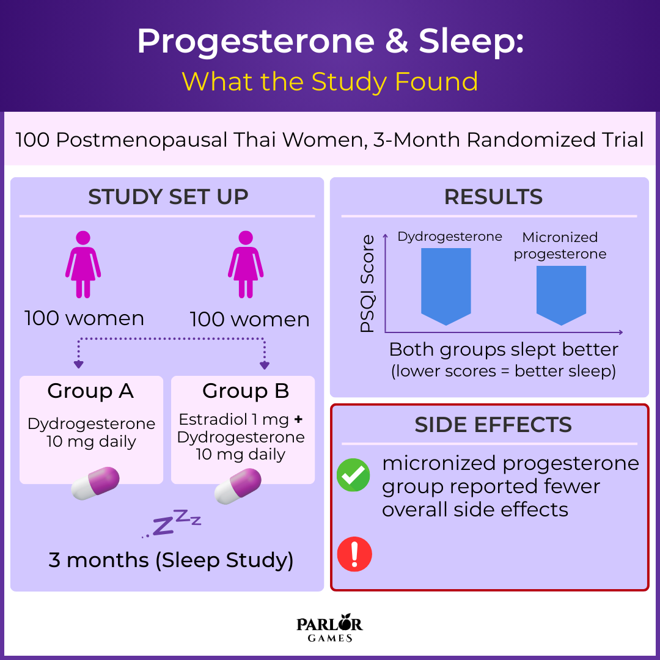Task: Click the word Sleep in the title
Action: coord(471,42)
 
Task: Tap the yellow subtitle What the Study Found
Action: coord(330,82)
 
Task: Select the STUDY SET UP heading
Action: coord(168,197)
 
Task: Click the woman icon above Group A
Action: coord(83,265)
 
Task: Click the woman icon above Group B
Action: coord(246,265)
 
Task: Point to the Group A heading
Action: coord(90,391)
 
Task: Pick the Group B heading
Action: coord(246,391)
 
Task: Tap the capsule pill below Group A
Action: coord(95,483)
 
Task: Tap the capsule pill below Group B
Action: coord(238,486)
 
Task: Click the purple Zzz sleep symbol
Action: coord(172,523)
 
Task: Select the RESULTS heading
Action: coord(493,197)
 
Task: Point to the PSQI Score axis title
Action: coord(367,284)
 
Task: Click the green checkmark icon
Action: coord(353,475)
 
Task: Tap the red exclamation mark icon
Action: coord(354,554)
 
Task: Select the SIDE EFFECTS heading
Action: coord(493,424)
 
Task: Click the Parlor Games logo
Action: coord(329,628)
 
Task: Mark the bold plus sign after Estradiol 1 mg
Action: coord(298,419)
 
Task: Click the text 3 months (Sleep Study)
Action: coord(171,560)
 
